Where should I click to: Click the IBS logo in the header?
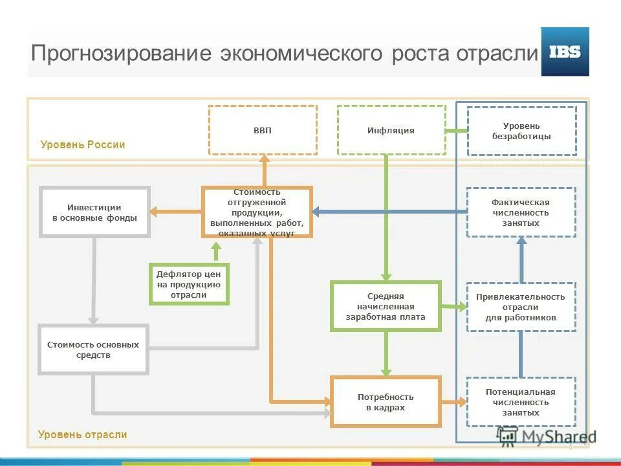tap(565, 52)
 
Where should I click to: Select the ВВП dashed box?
tap(263, 130)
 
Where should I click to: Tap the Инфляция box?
tap(391, 130)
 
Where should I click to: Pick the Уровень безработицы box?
tap(521, 131)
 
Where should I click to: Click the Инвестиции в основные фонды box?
tap(94, 212)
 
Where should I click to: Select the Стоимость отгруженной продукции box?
tap(257, 212)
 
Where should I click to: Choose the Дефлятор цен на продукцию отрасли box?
tap(189, 284)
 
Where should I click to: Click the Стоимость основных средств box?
tap(93, 349)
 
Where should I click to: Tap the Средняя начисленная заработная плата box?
tap(386, 307)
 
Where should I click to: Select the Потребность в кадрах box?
tap(386, 402)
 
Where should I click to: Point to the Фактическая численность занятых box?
tap(521, 212)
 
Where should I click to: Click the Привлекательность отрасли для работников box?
tap(521, 307)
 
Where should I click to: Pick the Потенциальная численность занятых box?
tap(521, 402)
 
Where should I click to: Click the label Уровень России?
tap(83, 144)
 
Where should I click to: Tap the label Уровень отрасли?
tap(83, 434)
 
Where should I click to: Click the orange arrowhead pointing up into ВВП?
tap(263, 159)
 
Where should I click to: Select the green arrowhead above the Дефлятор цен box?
tap(217, 247)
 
